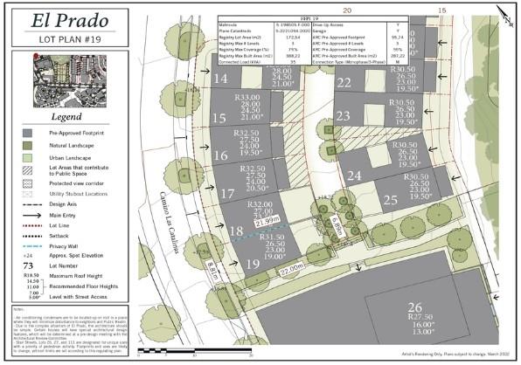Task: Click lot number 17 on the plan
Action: click(x=227, y=193)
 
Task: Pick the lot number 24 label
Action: click(x=354, y=176)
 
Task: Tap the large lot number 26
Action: click(x=414, y=306)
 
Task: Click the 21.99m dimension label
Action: click(x=267, y=220)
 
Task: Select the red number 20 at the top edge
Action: click(x=346, y=10)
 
